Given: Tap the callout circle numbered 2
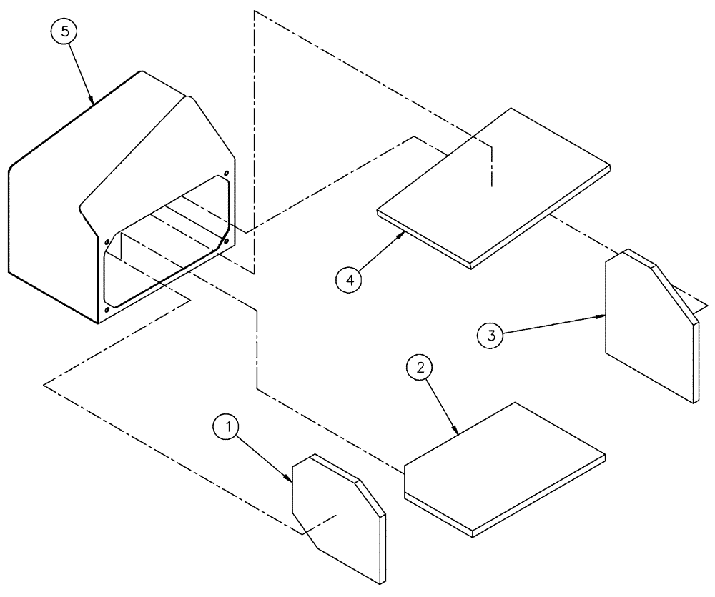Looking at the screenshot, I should point(420,368).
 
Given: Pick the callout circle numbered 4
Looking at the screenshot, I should point(350,280).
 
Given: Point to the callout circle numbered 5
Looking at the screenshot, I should point(64,32).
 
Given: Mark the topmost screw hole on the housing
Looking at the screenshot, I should point(227,172).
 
